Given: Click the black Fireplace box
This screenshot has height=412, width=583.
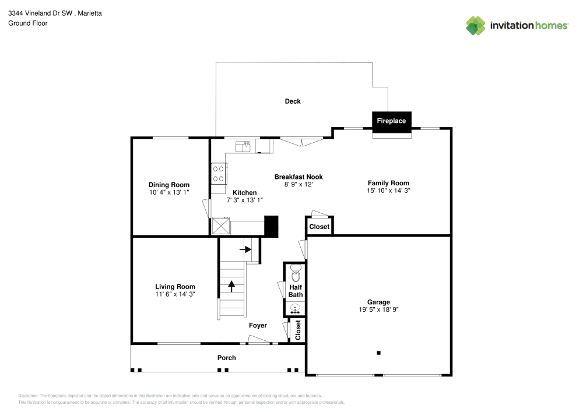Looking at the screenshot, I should pyautogui.click(x=391, y=121).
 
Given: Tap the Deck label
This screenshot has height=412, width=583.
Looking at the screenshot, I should pyautogui.click(x=293, y=101).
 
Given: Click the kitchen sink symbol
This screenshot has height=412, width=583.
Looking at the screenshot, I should pyautogui.click(x=243, y=145).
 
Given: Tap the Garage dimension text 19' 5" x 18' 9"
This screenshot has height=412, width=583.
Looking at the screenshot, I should pyautogui.click(x=378, y=310).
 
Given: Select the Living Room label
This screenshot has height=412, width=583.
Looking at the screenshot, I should pyautogui.click(x=175, y=287).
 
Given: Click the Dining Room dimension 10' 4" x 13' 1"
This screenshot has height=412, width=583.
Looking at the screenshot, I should pyautogui.click(x=169, y=192).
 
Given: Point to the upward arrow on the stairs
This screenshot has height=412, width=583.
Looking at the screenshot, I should pyautogui.click(x=231, y=286).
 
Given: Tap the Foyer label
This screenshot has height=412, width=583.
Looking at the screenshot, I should pyautogui.click(x=258, y=326).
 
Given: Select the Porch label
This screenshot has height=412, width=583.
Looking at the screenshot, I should pyautogui.click(x=227, y=358).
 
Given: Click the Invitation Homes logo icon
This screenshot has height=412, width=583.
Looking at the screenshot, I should pyautogui.click(x=475, y=25).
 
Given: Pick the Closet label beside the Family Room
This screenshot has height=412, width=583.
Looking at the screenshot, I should pyautogui.click(x=319, y=227).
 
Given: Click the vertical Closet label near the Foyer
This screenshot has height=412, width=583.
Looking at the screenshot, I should pyautogui.click(x=298, y=330).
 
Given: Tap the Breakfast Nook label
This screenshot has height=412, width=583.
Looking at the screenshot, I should pyautogui.click(x=298, y=177).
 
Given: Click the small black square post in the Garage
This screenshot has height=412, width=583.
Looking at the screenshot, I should pyautogui.click(x=378, y=353).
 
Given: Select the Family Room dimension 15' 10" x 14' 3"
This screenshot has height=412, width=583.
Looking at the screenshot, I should pyautogui.click(x=388, y=191).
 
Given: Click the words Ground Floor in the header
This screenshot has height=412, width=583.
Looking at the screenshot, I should pyautogui.click(x=28, y=23).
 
